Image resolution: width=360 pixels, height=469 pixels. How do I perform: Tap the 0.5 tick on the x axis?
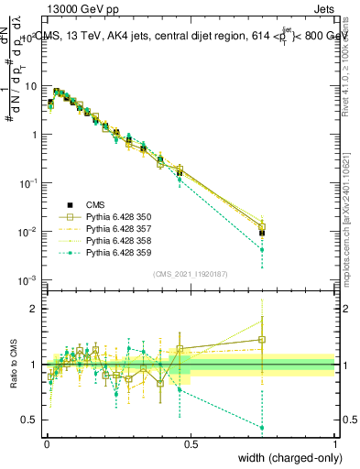[x=191, y=443]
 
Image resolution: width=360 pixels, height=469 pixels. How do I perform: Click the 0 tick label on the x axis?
[x=47, y=443]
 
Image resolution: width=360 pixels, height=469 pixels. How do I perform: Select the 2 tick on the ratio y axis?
[x=37, y=309]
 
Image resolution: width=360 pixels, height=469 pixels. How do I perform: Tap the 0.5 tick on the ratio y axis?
[x=33, y=420]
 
